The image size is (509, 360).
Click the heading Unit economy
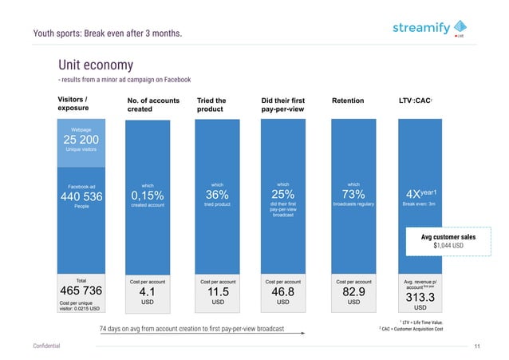click(95, 65)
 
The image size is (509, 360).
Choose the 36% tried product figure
click(217, 195)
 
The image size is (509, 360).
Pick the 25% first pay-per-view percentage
click(282, 195)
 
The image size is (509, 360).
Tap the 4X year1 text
click(424, 196)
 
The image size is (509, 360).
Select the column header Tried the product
click(211, 105)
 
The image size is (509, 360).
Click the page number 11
click(476, 345)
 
